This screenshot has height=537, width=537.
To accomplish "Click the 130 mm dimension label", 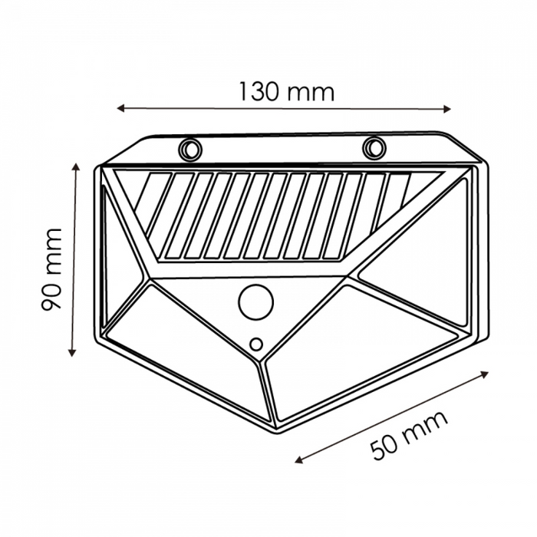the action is [x=286, y=92].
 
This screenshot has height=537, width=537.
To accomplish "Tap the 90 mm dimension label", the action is [x=51, y=269].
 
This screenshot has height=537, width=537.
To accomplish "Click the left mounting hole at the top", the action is [x=189, y=149].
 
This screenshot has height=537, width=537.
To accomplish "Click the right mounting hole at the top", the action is [x=374, y=147].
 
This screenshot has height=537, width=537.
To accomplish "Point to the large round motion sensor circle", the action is [x=255, y=302].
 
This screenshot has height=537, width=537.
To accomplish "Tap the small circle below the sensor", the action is [x=256, y=344].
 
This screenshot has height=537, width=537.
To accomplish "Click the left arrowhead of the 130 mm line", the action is [x=120, y=109].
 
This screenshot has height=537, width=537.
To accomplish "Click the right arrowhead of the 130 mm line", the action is [x=447, y=109].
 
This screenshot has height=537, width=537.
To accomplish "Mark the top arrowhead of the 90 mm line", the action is [x=76, y=167].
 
